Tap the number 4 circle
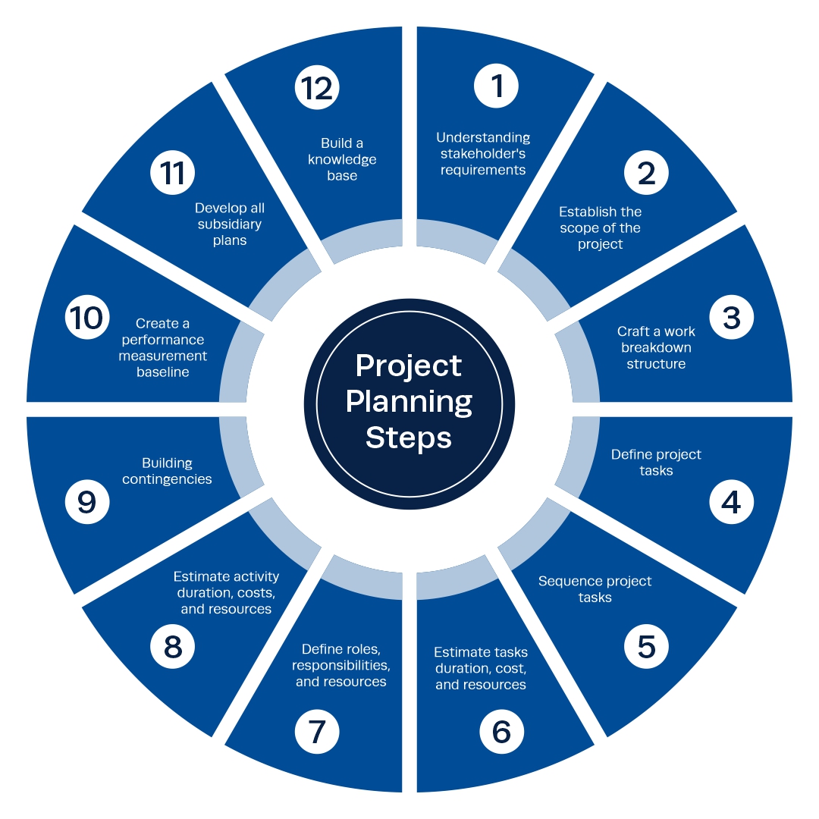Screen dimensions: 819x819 click(x=731, y=501)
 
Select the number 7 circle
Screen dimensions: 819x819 click(x=317, y=731)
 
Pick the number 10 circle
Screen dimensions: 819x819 click(x=87, y=317)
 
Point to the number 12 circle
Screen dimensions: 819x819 click(x=317, y=87)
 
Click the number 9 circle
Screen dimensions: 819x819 click(x=87, y=501)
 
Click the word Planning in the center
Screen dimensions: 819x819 click(x=409, y=402)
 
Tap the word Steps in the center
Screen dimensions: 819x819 click(x=409, y=438)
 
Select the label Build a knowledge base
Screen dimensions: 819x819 click(x=342, y=159)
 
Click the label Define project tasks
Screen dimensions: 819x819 click(x=656, y=463)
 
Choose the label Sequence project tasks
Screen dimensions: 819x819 click(x=595, y=589)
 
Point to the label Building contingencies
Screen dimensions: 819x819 click(x=167, y=471)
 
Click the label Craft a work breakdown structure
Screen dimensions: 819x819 click(x=656, y=347)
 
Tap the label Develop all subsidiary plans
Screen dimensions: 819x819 click(x=230, y=224)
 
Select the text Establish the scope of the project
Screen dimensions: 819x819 click(x=601, y=227)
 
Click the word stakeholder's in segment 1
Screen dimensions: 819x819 click(x=483, y=154)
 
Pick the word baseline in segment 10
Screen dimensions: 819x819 click(x=163, y=372)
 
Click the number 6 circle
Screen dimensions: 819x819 click(x=501, y=731)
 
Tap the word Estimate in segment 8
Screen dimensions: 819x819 click(x=199, y=576)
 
